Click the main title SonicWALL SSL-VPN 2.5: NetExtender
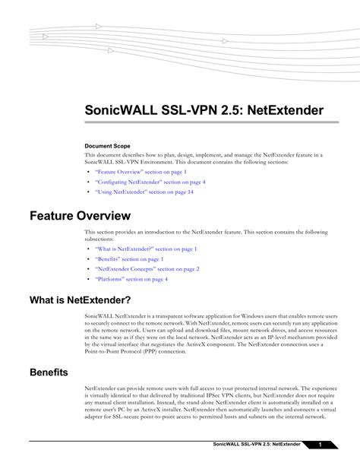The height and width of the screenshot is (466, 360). point(204,111)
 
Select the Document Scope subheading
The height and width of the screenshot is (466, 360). point(107,145)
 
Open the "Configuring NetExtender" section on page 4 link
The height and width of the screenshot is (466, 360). point(150,182)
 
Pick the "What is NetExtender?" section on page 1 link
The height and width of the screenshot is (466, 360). point(147,249)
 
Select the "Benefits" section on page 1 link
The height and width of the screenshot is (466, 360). point(129,259)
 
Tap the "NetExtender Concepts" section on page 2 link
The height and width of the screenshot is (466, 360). point(147,269)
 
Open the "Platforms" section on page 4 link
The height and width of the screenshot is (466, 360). point(131,279)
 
